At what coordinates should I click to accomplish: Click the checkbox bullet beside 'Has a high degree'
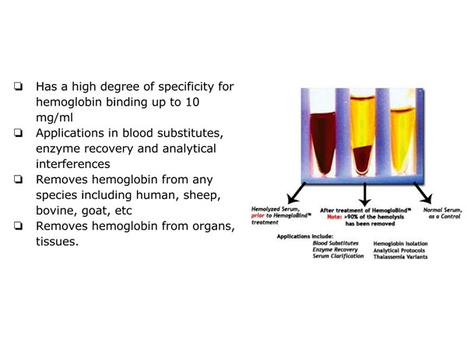pyautogui.click(x=18, y=86)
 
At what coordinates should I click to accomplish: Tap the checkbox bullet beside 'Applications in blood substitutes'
pyautogui.click(x=18, y=133)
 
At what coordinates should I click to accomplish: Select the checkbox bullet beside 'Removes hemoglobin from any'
pyautogui.click(x=18, y=180)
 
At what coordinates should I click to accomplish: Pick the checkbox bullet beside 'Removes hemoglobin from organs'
pyautogui.click(x=18, y=225)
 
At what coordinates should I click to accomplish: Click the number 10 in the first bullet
pyautogui.click(x=192, y=102)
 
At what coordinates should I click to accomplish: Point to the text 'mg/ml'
pyautogui.click(x=54, y=118)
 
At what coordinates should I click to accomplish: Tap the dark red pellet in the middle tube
pyautogui.click(x=363, y=159)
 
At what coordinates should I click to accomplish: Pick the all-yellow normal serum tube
pyautogui.click(x=402, y=141)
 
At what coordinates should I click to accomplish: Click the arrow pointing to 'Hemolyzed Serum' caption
pyautogui.click(x=297, y=193)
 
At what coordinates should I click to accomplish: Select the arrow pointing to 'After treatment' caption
pyautogui.click(x=365, y=194)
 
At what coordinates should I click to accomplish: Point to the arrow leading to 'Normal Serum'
pyautogui.click(x=423, y=193)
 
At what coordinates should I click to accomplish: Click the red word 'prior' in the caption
pyautogui.click(x=258, y=215)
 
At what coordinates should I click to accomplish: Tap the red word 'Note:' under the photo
pyautogui.click(x=334, y=217)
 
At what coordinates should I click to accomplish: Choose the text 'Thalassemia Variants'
pyautogui.click(x=401, y=257)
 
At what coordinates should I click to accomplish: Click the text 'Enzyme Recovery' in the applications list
pyautogui.click(x=335, y=250)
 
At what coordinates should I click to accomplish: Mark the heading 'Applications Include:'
pyautogui.click(x=305, y=236)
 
